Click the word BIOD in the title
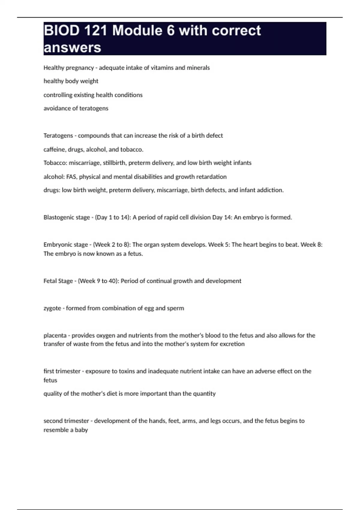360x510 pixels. (62, 31)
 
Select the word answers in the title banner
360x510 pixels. (72, 47)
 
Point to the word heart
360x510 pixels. (250, 245)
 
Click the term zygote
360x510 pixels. (52, 308)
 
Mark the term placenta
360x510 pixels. (55, 335)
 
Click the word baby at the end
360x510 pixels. (81, 430)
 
